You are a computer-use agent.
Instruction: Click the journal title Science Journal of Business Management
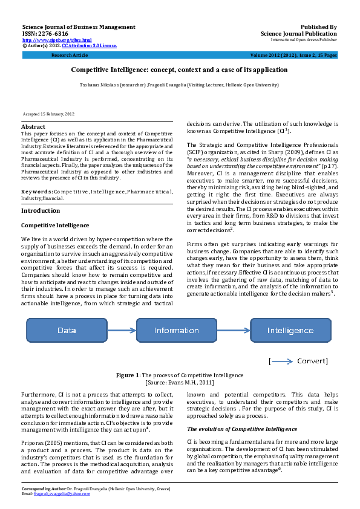(x=79, y=27)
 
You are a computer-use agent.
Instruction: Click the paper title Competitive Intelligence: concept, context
(x=180, y=70)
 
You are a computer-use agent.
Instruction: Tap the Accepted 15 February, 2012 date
(x=48, y=114)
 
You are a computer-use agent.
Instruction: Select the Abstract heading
(x=33, y=127)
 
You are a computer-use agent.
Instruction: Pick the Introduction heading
(x=40, y=193)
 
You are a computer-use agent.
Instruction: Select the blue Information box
(x=176, y=331)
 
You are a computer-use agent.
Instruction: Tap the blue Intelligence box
(x=290, y=331)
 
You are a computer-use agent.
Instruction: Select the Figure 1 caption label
(x=128, y=375)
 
